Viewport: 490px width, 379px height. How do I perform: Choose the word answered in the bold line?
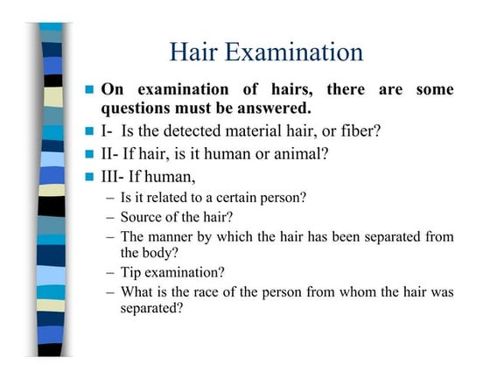(x=272, y=109)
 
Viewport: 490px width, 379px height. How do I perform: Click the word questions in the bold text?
(x=142, y=109)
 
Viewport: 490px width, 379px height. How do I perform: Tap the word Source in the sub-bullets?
(x=143, y=217)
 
